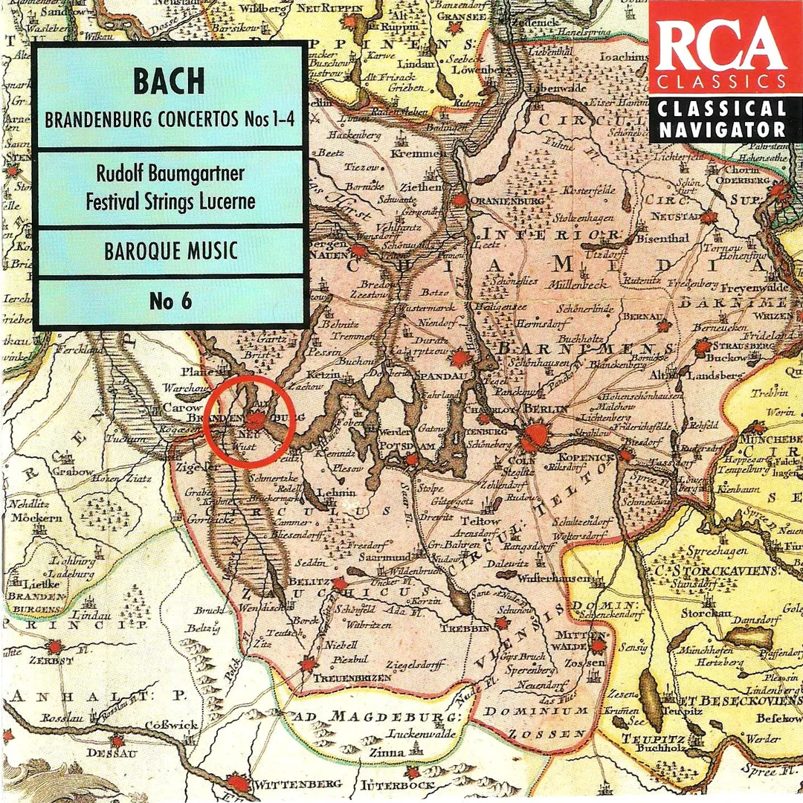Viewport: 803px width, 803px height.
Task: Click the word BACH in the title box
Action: coord(169,81)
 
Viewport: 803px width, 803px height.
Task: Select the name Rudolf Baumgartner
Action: coord(170,175)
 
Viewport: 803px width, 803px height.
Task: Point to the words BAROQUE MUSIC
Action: coord(170,251)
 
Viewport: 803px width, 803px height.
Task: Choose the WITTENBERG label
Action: coord(298,784)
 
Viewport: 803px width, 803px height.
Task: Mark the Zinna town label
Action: coord(387,754)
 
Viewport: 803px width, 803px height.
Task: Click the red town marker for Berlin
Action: coord(534,436)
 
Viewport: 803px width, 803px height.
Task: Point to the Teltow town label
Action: coord(482,521)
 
